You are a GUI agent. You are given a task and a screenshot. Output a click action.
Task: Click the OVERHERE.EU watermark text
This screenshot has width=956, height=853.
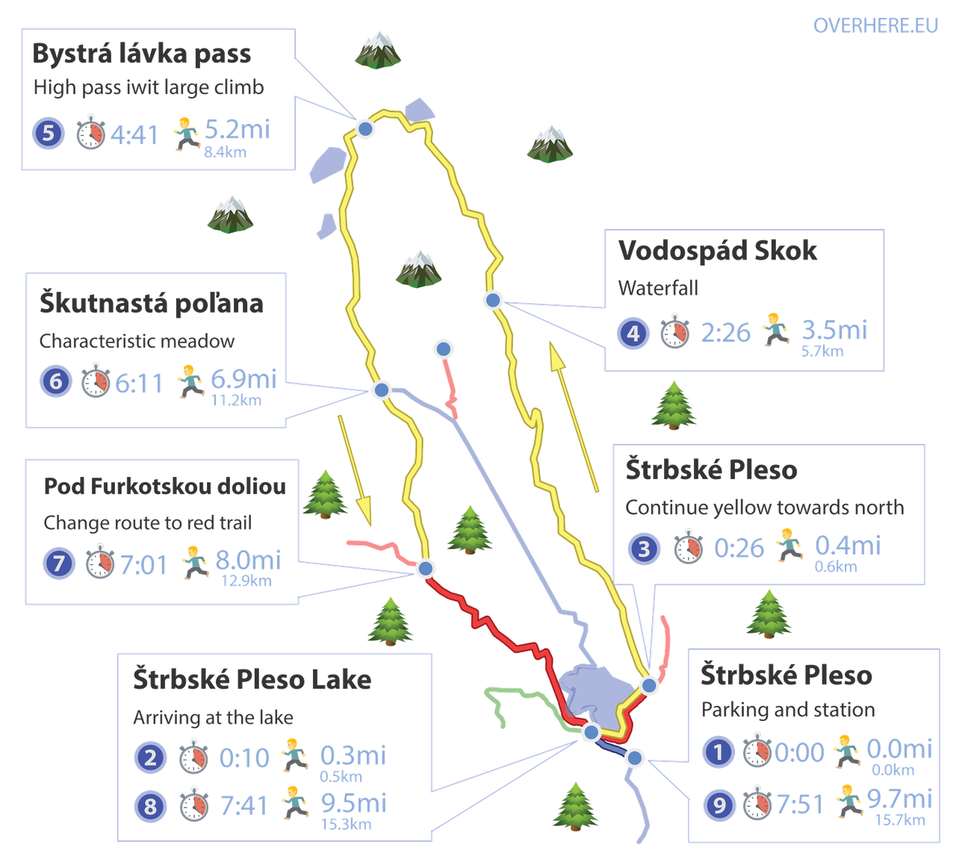(875, 25)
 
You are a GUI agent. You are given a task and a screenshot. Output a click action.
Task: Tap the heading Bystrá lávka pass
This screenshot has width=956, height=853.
(142, 54)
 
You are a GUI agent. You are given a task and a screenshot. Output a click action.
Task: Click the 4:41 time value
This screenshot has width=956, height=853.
(135, 135)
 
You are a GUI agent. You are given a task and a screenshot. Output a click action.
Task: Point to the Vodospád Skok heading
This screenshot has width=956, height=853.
(718, 251)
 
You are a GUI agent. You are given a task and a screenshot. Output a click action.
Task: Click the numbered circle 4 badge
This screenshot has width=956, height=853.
(632, 332)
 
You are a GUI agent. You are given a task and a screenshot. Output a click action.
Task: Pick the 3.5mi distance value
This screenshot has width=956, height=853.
(834, 329)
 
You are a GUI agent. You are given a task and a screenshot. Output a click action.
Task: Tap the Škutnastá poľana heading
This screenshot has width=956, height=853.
(152, 304)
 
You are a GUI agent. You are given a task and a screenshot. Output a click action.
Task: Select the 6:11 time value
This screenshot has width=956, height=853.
(139, 384)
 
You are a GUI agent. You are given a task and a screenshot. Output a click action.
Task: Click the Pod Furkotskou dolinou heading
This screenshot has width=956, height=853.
(164, 487)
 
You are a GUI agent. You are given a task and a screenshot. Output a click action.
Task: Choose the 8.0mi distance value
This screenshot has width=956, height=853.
(247, 559)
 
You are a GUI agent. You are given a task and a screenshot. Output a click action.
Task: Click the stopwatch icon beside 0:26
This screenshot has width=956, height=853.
(688, 549)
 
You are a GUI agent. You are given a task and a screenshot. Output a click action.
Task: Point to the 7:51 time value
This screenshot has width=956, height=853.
(799, 804)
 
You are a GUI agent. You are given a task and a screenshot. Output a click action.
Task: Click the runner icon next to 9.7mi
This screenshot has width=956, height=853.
(848, 802)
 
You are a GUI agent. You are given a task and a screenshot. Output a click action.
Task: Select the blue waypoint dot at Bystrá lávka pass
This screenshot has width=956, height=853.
(365, 129)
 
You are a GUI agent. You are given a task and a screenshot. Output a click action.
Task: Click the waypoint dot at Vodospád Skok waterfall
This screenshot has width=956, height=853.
(492, 300)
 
